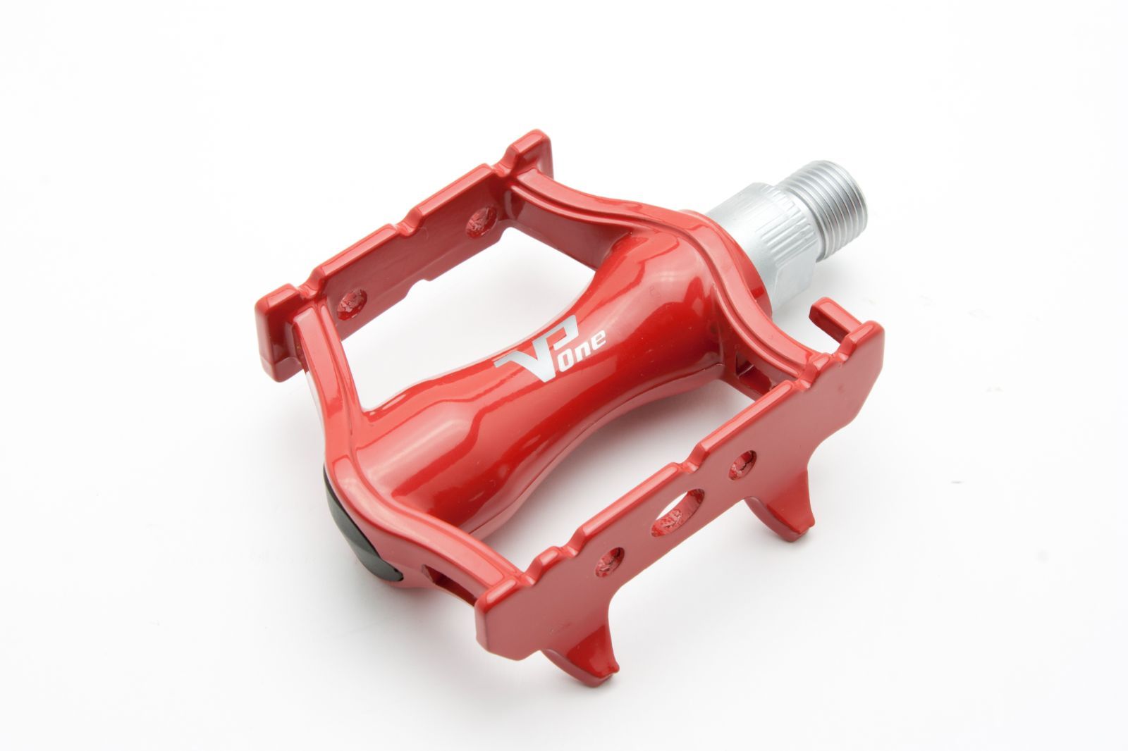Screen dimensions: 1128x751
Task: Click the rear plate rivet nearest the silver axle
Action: (x=481, y=221)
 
